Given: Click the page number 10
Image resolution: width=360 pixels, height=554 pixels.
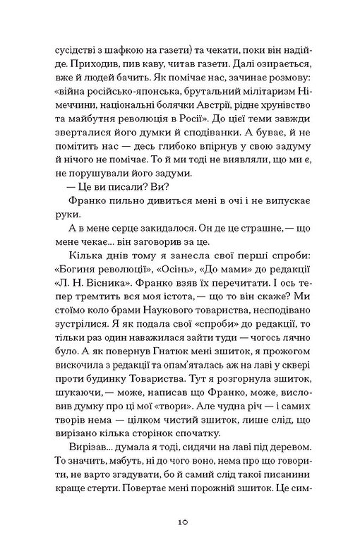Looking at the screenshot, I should [x=180, y=522].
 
